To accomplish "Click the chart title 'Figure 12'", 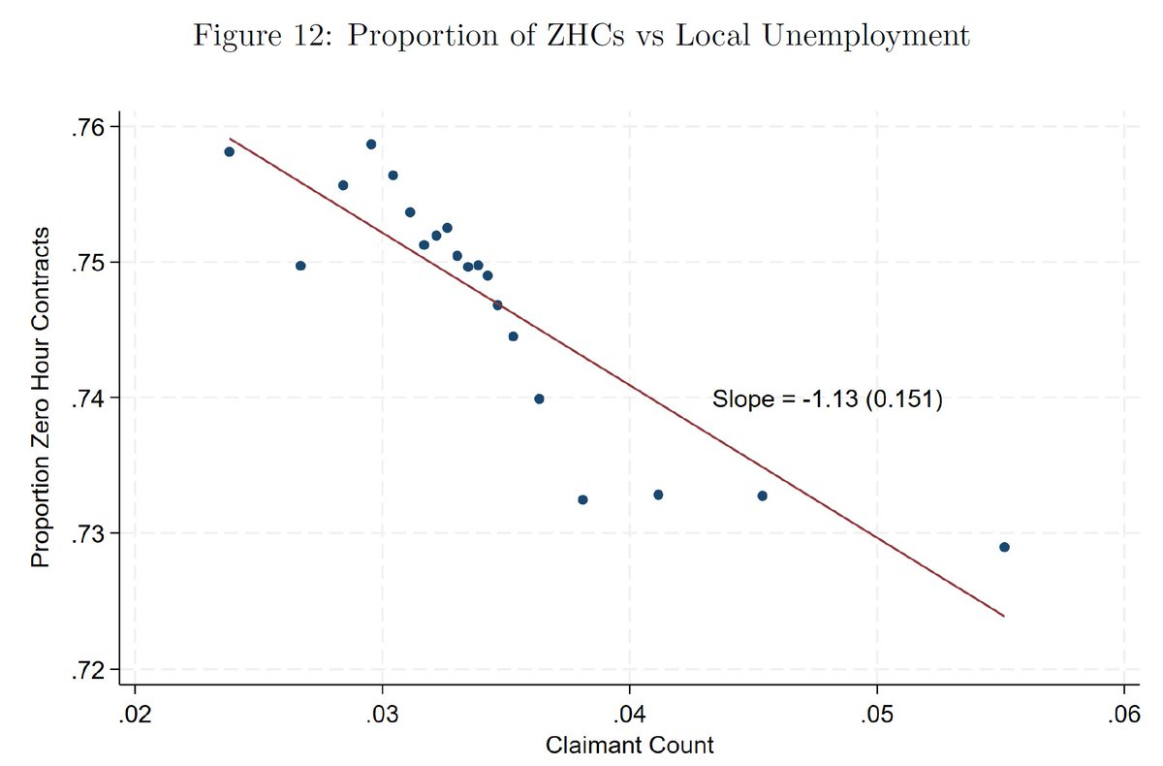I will (581, 36).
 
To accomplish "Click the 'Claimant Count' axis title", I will (629, 745).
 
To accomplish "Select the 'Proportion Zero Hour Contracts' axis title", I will (40, 398).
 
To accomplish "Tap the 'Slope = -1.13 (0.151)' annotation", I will (828, 399).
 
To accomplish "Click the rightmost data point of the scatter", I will (1004, 547).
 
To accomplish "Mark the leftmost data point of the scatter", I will (229, 151).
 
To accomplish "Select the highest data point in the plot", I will (370, 144).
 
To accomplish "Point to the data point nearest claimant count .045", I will (762, 495).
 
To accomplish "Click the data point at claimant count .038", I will (582, 499).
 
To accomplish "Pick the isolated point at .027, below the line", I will (300, 266).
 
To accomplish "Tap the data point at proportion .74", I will (539, 399).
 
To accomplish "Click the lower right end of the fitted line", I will (1003, 616).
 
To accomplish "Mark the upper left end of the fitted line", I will (231, 139).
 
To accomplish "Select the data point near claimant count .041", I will (658, 495).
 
